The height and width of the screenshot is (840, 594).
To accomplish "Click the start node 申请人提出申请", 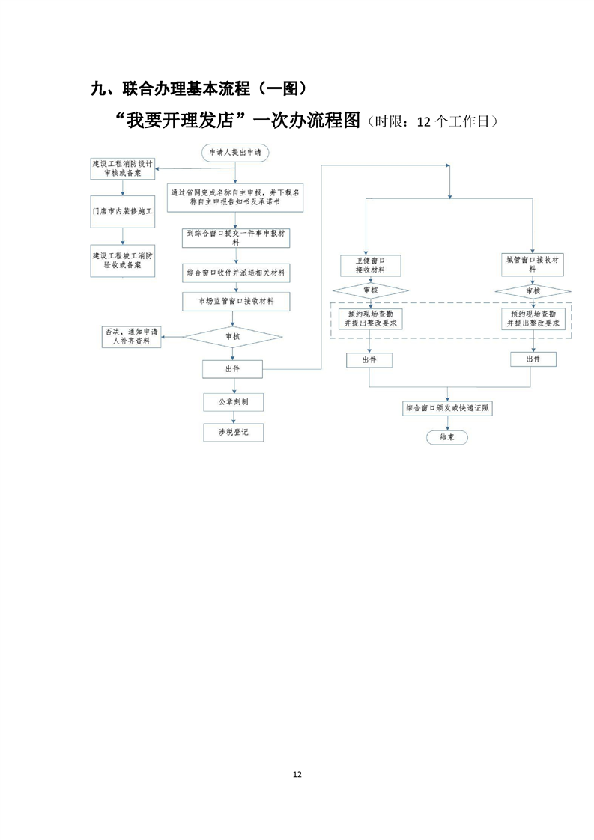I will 235,153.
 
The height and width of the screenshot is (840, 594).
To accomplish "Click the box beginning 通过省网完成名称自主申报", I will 235,197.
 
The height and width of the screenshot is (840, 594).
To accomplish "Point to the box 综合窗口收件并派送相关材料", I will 235,272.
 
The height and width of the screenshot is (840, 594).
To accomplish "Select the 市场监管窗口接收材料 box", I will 235,301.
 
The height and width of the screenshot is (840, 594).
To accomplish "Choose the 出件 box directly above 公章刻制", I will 233,369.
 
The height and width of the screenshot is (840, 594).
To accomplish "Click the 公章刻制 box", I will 233,402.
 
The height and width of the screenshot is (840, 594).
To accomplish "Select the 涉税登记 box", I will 233,433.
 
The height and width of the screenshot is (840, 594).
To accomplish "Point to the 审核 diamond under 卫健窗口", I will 370,290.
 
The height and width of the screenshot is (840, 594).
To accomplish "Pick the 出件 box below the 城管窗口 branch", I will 533,359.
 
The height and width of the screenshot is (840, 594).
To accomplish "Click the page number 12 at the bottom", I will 297,773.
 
